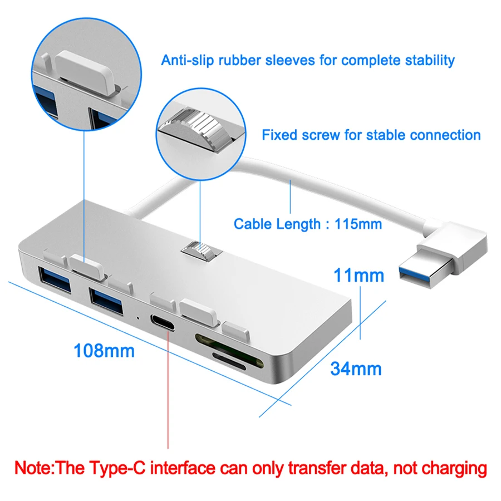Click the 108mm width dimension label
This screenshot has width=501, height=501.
(104, 351)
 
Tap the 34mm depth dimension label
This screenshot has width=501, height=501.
(356, 369)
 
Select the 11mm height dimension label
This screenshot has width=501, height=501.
(359, 275)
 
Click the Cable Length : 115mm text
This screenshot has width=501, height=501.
(308, 224)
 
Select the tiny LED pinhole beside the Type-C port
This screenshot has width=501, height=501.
(138, 318)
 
